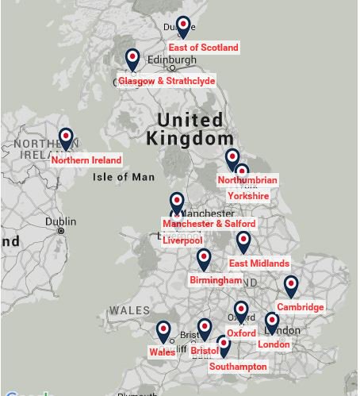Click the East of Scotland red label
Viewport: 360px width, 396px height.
(x=203, y=48)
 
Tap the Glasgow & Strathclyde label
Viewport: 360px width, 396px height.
(x=167, y=81)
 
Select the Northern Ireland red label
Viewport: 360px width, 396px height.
(x=86, y=160)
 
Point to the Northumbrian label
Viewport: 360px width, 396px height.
(x=247, y=180)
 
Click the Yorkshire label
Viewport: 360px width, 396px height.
(x=248, y=196)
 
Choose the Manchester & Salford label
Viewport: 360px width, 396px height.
(x=209, y=224)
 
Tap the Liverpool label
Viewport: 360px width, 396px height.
(x=182, y=240)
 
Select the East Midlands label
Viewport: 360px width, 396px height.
(x=259, y=263)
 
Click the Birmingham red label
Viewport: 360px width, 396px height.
(x=216, y=280)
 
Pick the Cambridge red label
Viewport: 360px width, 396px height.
(x=301, y=307)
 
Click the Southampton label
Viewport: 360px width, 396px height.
(x=238, y=367)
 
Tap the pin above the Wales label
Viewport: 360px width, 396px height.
(x=163, y=331)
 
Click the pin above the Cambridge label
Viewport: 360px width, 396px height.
(x=291, y=286)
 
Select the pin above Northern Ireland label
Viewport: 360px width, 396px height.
(x=66, y=139)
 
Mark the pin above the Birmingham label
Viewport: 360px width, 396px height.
(x=204, y=259)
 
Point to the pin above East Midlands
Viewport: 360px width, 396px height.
(x=243, y=241)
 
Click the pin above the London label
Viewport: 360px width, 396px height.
(x=272, y=322)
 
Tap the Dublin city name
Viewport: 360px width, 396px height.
(x=61, y=221)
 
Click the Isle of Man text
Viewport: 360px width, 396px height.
(x=124, y=177)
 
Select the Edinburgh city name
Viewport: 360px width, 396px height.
(x=172, y=60)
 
